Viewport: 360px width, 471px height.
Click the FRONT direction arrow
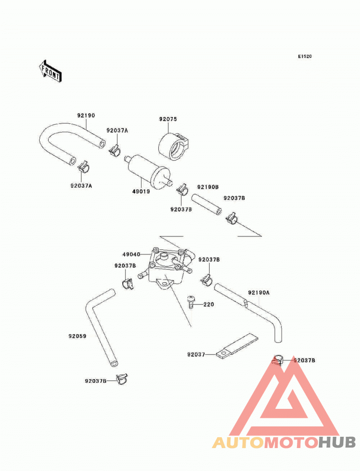[x=50, y=71]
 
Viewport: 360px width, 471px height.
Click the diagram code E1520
[x=305, y=56]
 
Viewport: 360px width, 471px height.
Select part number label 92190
[x=86, y=115]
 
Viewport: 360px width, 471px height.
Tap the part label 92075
[x=168, y=119]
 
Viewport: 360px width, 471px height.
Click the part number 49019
[x=141, y=191]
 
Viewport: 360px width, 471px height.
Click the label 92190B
[x=208, y=187]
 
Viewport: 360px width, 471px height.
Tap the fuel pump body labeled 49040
[x=167, y=267]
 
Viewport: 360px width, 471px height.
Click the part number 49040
[x=131, y=254]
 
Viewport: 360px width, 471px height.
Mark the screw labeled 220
[x=190, y=302]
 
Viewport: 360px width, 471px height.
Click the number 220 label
[x=209, y=304]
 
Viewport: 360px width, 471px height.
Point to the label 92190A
[x=259, y=292]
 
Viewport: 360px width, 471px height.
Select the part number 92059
[x=77, y=336]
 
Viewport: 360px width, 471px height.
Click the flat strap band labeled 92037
[x=237, y=346]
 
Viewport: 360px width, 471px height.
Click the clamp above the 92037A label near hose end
[x=84, y=167]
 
